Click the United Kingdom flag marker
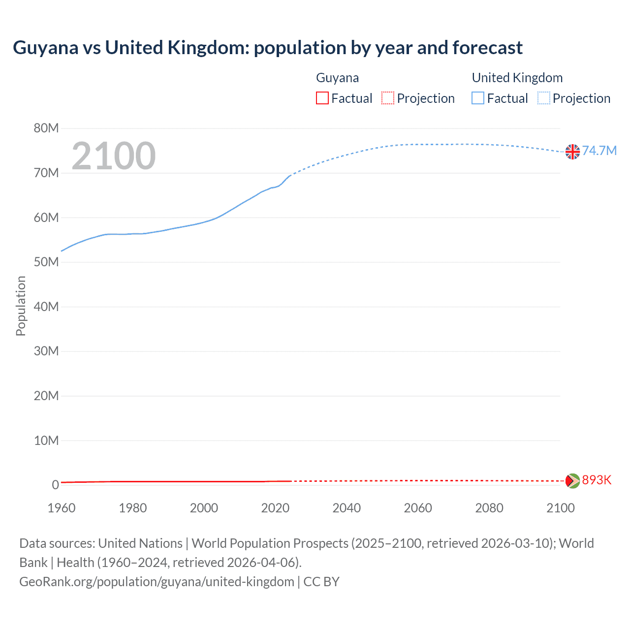pyautogui.click(x=572, y=152)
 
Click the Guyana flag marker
pyautogui.click(x=572, y=481)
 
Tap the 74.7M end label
pyautogui.click(x=599, y=151)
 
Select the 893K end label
pyautogui.click(x=597, y=480)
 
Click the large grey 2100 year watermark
pyautogui.click(x=114, y=156)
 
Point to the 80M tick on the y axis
pyautogui.click(x=46, y=128)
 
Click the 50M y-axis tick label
pyautogui.click(x=46, y=262)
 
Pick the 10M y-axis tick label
pyautogui.click(x=46, y=441)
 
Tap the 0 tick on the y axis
pyautogui.click(x=55, y=485)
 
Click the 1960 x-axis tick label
pyautogui.click(x=62, y=508)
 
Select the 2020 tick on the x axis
pyautogui.click(x=275, y=508)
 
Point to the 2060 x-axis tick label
pyautogui.click(x=418, y=508)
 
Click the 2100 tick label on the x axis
pyautogui.click(x=560, y=508)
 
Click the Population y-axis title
pyautogui.click(x=21, y=306)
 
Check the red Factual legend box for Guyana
pyautogui.click(x=322, y=98)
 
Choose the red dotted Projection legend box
pyautogui.click(x=388, y=98)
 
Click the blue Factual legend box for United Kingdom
pyautogui.click(x=478, y=98)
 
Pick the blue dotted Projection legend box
pyautogui.click(x=544, y=98)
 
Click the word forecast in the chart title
pyautogui.click(x=487, y=48)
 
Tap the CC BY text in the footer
pyautogui.click(x=321, y=582)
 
